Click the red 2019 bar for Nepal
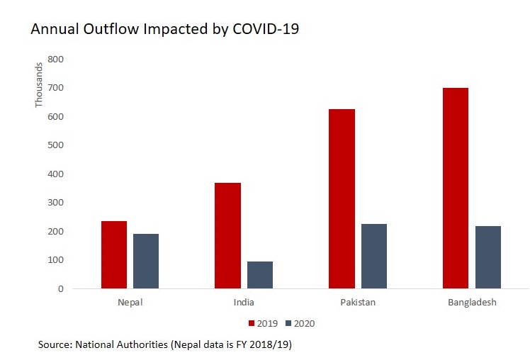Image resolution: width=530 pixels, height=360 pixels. pyautogui.click(x=114, y=255)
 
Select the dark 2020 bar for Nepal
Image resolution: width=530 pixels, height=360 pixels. pyautogui.click(x=146, y=261)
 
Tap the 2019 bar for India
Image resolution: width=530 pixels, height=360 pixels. pyautogui.click(x=227, y=236)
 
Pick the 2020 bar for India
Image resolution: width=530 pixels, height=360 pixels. pyautogui.click(x=260, y=275)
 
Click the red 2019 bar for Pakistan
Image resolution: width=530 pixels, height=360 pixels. pyautogui.click(x=342, y=199)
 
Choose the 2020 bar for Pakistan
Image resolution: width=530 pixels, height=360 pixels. pyautogui.click(x=374, y=257)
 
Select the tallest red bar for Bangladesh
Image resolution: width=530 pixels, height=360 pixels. pyautogui.click(x=456, y=188)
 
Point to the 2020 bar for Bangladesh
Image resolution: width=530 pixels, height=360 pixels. pyautogui.click(x=488, y=257)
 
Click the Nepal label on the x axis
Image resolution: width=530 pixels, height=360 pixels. pyautogui.click(x=130, y=303)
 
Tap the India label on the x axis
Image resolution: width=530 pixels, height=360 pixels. pyautogui.click(x=244, y=303)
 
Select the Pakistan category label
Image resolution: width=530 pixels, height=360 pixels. pyautogui.click(x=358, y=303)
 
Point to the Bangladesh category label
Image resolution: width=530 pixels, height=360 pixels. pyautogui.click(x=472, y=303)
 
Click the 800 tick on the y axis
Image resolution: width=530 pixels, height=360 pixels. pyautogui.click(x=57, y=59)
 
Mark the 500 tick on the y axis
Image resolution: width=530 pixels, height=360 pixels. pyautogui.click(x=57, y=145)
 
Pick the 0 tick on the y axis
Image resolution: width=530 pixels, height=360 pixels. pyautogui.click(x=61, y=288)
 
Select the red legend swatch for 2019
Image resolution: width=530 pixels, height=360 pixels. pyautogui.click(x=251, y=323)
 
